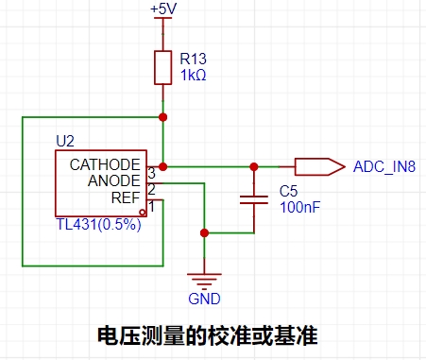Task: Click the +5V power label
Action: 163,9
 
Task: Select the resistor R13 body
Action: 162,67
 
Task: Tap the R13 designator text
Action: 193,59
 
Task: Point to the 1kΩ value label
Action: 193,76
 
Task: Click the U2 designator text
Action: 65,141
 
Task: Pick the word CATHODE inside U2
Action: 105,164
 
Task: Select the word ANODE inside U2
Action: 113,180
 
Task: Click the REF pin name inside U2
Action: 126,197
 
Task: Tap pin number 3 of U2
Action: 152,173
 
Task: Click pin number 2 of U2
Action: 151,190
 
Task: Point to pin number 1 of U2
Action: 152,207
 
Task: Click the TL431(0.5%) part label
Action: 98,224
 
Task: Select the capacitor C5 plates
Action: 254,199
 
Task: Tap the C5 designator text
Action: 288,191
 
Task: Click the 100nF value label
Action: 299,207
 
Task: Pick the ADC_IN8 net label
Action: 384,167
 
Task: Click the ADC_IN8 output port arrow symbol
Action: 319,166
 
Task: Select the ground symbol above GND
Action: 204,282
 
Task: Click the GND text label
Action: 204,299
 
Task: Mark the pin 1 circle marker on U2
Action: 143,213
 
